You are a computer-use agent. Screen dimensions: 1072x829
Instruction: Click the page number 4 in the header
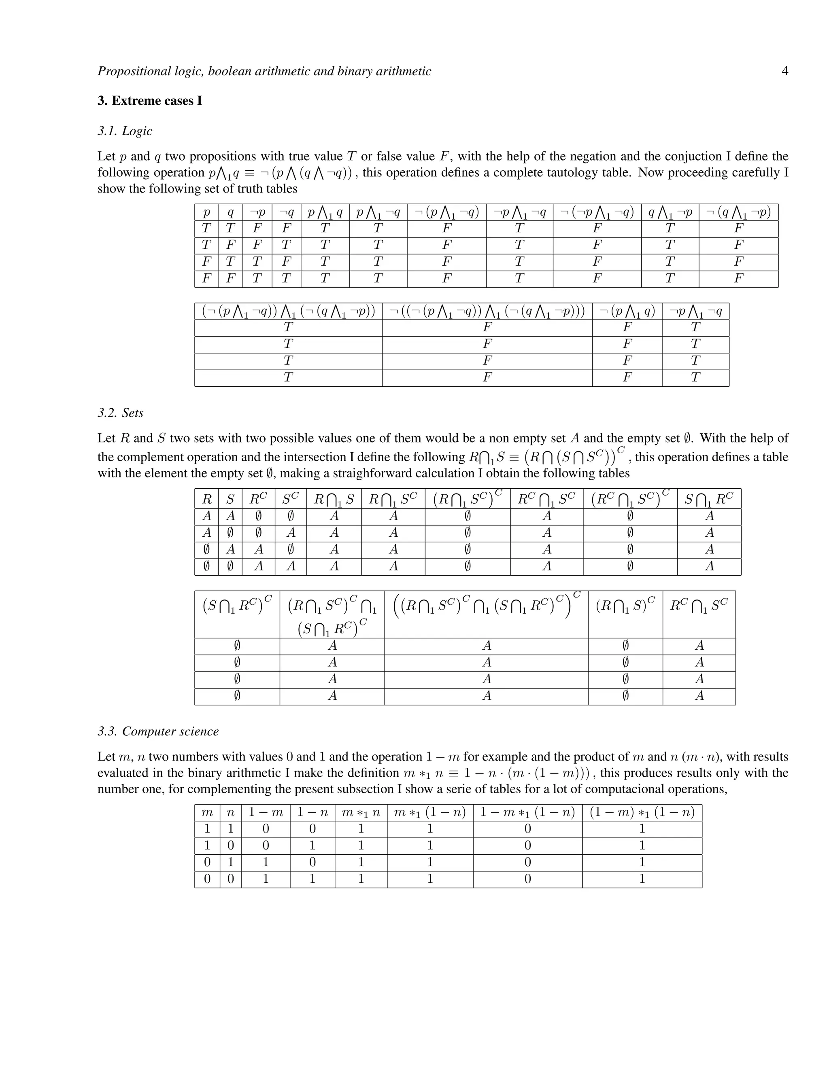coord(784,71)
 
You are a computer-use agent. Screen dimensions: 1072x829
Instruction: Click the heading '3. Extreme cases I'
coord(150,101)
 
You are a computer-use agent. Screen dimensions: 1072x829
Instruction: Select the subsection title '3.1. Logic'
coord(125,131)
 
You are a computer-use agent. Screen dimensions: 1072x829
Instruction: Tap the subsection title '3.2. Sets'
coord(120,413)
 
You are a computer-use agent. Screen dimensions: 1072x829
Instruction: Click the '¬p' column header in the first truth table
coord(257,212)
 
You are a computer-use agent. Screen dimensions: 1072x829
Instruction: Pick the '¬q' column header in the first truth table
coord(286,212)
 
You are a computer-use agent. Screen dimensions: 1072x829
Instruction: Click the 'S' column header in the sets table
coord(230,500)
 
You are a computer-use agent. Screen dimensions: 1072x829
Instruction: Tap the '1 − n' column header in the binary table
coord(312,812)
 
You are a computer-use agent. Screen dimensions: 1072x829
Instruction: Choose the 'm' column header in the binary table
coord(207,813)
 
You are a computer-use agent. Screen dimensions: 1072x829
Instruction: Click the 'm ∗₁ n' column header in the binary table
coord(361,813)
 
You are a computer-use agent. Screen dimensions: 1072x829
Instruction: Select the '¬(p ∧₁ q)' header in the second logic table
coord(627,311)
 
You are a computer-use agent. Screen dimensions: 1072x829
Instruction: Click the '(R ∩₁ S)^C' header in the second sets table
coord(625,606)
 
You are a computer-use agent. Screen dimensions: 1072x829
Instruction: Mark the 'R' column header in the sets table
coord(207,500)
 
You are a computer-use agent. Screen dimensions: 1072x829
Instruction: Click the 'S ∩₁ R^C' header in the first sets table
coord(709,499)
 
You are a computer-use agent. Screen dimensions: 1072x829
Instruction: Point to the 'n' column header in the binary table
coord(231,813)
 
